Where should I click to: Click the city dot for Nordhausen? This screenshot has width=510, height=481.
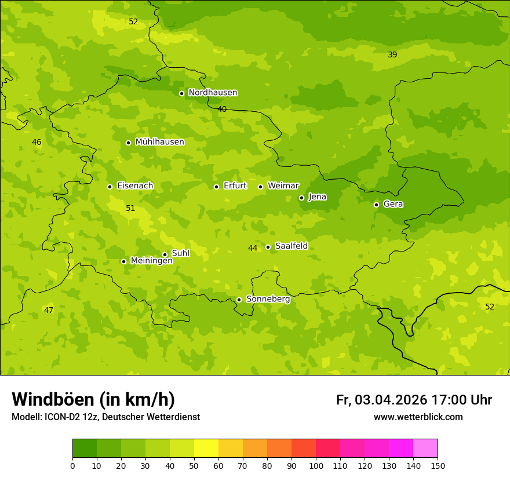click(x=181, y=93)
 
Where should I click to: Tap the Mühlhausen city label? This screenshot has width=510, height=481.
click(x=159, y=142)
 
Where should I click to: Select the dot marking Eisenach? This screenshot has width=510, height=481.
click(x=110, y=187)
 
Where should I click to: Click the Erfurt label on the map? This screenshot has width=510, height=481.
click(x=235, y=186)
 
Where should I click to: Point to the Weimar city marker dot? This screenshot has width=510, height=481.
click(x=260, y=187)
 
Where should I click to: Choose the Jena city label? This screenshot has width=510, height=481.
click(x=317, y=197)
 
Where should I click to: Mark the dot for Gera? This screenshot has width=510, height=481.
click(x=376, y=205)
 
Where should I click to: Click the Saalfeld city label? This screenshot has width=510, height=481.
click(x=291, y=246)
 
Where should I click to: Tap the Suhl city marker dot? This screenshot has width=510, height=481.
click(x=165, y=254)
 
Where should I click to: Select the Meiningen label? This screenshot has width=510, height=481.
click(x=151, y=261)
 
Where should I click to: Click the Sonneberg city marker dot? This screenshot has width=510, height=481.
click(x=239, y=300)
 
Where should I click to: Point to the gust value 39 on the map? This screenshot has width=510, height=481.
click(x=392, y=54)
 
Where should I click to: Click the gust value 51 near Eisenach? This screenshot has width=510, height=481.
click(x=130, y=208)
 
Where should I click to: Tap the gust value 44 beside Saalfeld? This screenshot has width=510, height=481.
click(x=253, y=248)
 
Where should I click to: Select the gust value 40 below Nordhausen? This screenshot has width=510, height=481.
click(x=222, y=109)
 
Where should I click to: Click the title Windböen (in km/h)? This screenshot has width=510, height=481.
click(x=93, y=399)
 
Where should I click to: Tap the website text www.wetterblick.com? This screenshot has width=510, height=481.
click(x=418, y=417)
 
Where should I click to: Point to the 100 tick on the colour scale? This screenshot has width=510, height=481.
click(x=316, y=465)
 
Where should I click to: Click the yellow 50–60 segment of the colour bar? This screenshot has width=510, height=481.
click(x=206, y=449)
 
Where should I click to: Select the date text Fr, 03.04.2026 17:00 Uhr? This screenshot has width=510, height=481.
click(x=414, y=400)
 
